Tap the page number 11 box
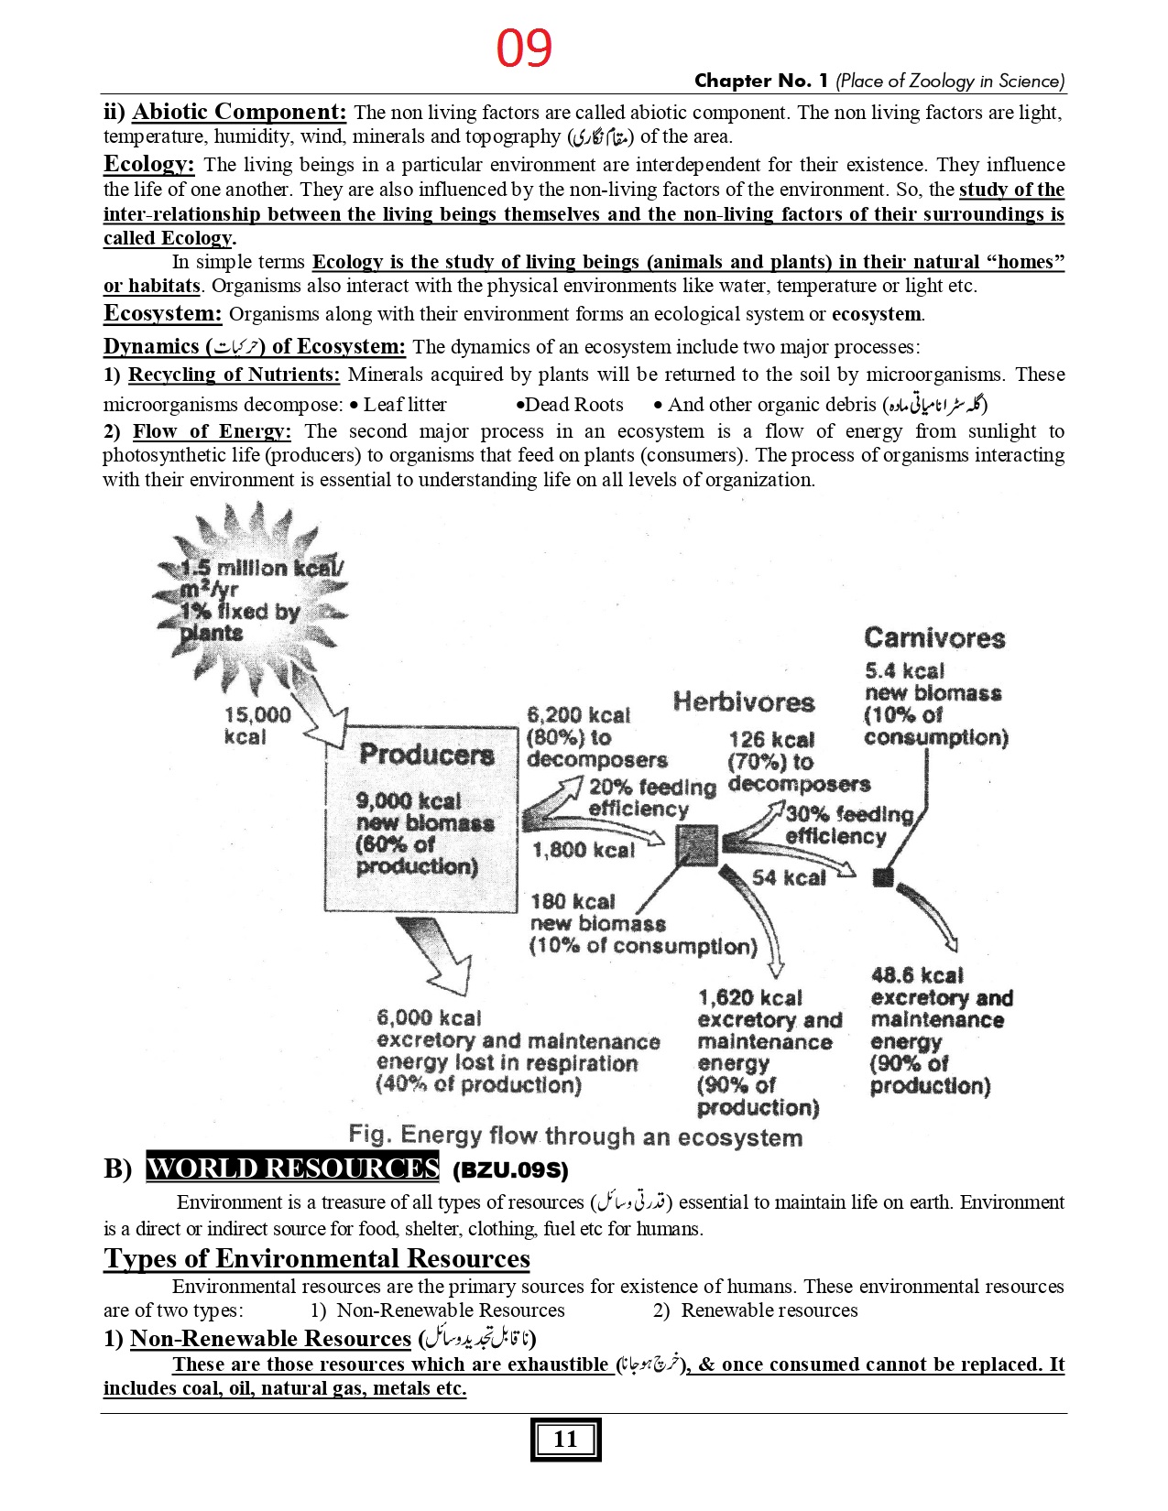(x=565, y=1440)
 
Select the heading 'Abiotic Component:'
(x=239, y=112)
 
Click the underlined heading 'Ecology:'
(x=148, y=164)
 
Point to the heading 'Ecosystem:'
(x=162, y=313)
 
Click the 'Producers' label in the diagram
(x=426, y=755)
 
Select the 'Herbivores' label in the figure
(x=743, y=702)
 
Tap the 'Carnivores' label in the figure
(x=933, y=638)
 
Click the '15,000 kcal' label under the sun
(x=257, y=725)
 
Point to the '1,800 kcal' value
(x=584, y=850)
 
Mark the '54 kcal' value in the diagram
(x=789, y=877)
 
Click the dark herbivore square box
(x=697, y=844)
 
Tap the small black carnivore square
(x=883, y=877)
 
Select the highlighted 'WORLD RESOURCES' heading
(x=292, y=1169)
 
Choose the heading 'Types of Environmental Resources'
(x=316, y=1258)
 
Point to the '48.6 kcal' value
(x=917, y=975)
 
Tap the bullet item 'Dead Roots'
(x=573, y=405)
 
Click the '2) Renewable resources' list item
(x=756, y=1310)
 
